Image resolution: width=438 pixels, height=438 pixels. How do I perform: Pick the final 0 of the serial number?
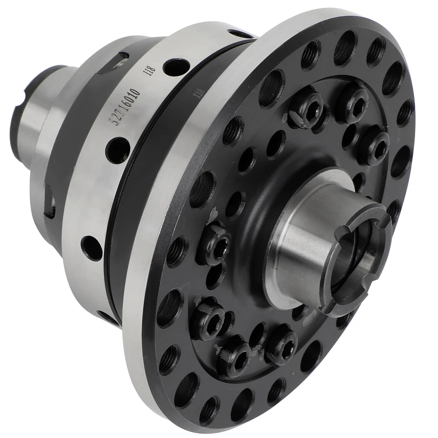pos(137,85)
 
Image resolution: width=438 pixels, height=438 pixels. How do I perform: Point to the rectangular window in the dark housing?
pos(50,201)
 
